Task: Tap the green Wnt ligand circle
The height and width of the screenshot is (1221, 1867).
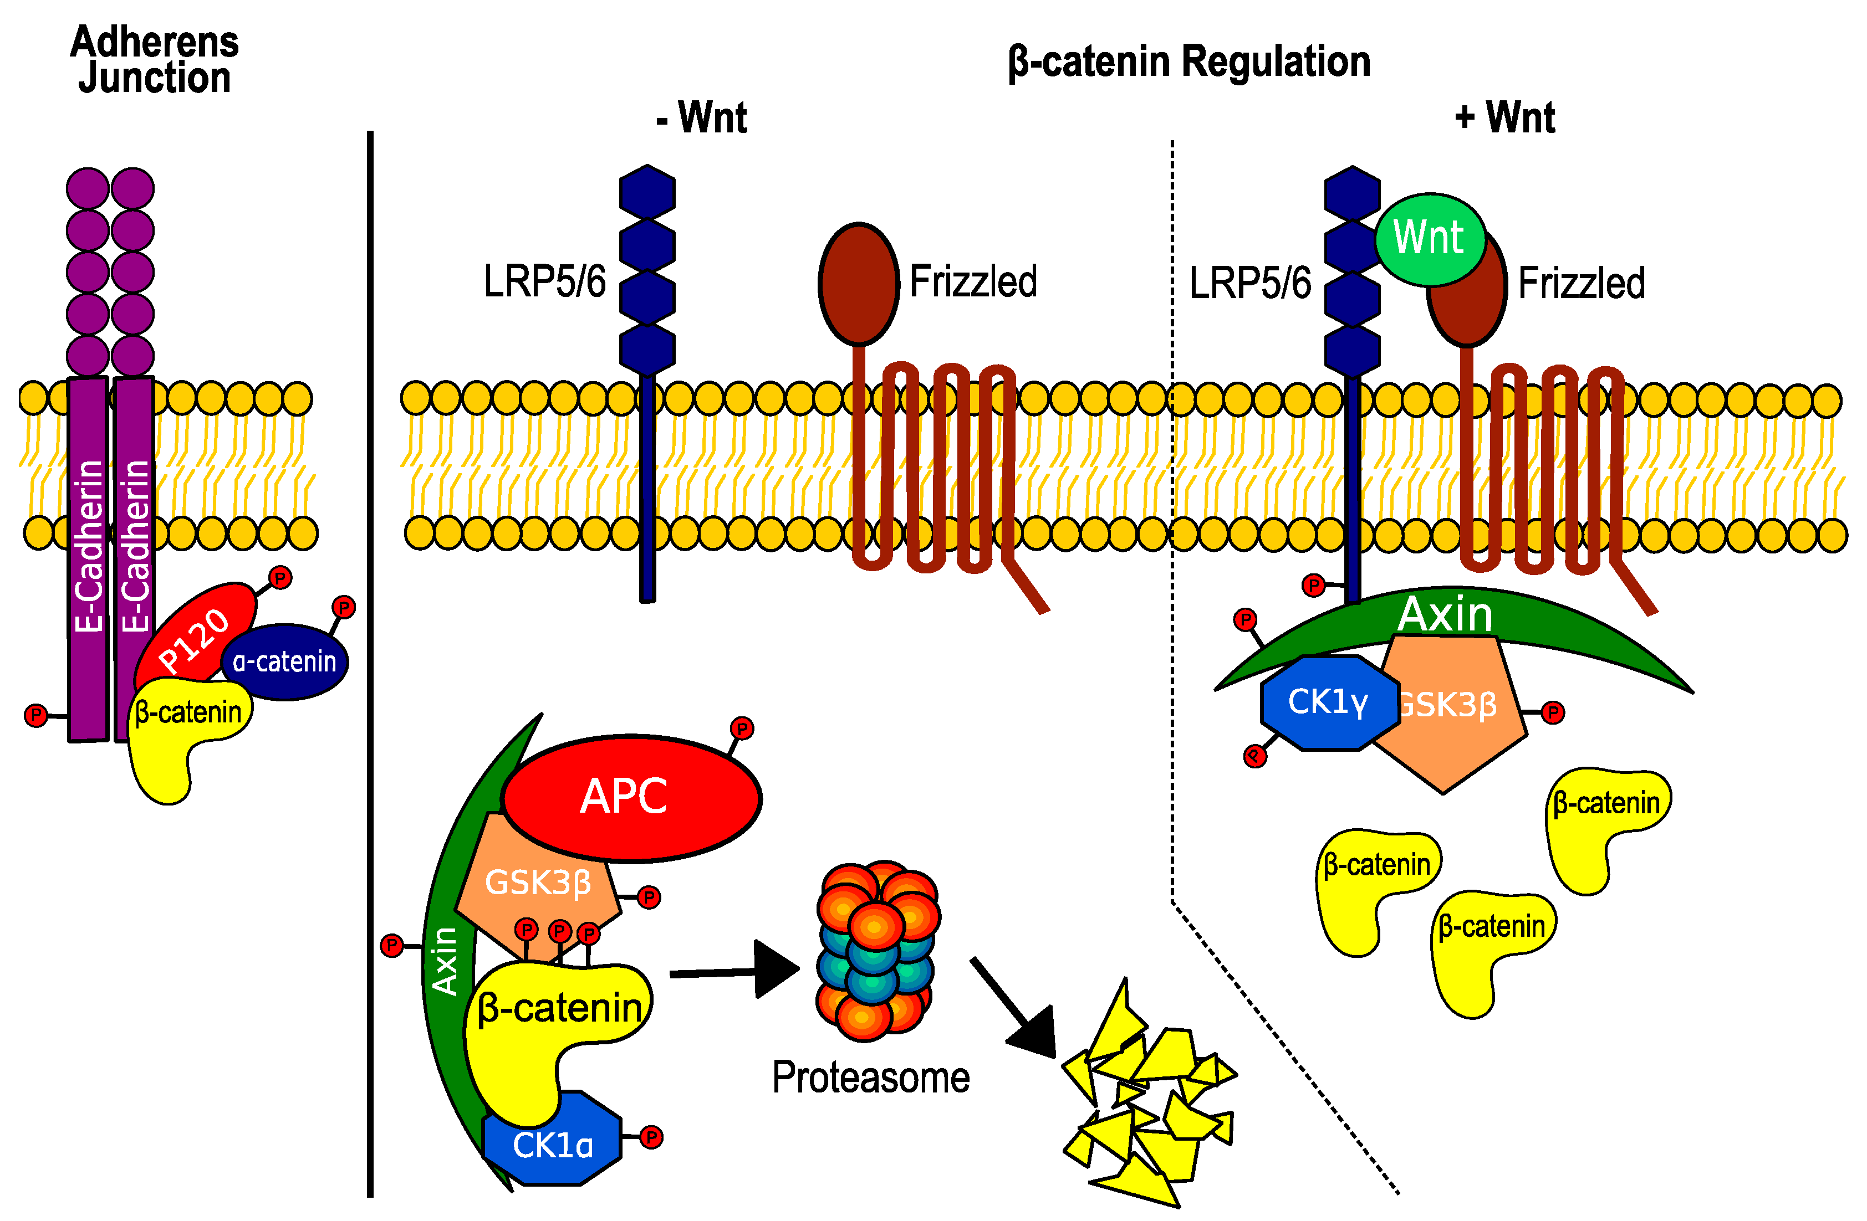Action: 1429,239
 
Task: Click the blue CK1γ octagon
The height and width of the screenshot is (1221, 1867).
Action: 1327,702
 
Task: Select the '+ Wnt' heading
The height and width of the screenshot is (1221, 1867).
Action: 1504,117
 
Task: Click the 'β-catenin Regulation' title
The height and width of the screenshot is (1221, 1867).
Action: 1188,61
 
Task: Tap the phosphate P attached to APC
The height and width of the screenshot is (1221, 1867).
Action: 741,729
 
